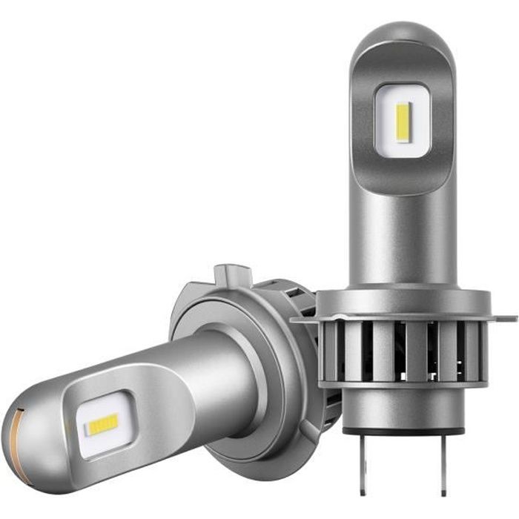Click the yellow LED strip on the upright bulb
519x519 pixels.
(403, 122)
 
